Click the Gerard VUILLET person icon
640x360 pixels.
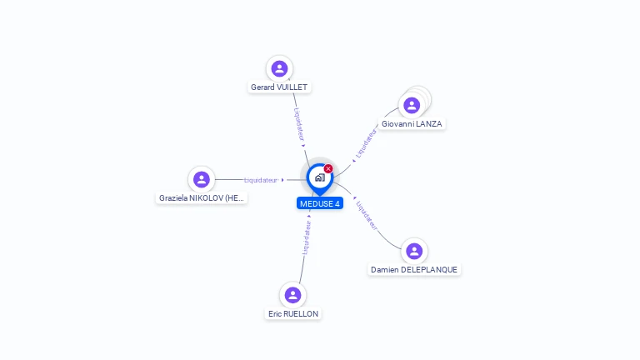279,68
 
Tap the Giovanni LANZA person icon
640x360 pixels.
411,105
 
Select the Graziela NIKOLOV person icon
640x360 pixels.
201,179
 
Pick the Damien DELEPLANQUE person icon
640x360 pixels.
414,251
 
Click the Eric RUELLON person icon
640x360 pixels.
292,295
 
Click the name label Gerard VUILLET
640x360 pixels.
279,87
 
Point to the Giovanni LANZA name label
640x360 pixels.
412,124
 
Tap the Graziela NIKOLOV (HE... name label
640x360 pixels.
202,198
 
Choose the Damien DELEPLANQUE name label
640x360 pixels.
414,270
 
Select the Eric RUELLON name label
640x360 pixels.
292,314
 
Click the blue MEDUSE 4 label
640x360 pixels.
319,203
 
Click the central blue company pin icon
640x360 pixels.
319,177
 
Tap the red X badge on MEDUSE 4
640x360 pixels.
328,169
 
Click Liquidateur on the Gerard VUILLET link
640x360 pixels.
298,123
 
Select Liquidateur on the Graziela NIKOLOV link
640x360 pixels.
261,180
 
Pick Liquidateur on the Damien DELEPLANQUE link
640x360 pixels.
367,214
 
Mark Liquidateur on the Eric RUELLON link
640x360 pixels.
306,237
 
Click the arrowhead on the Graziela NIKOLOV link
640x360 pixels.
283,180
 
